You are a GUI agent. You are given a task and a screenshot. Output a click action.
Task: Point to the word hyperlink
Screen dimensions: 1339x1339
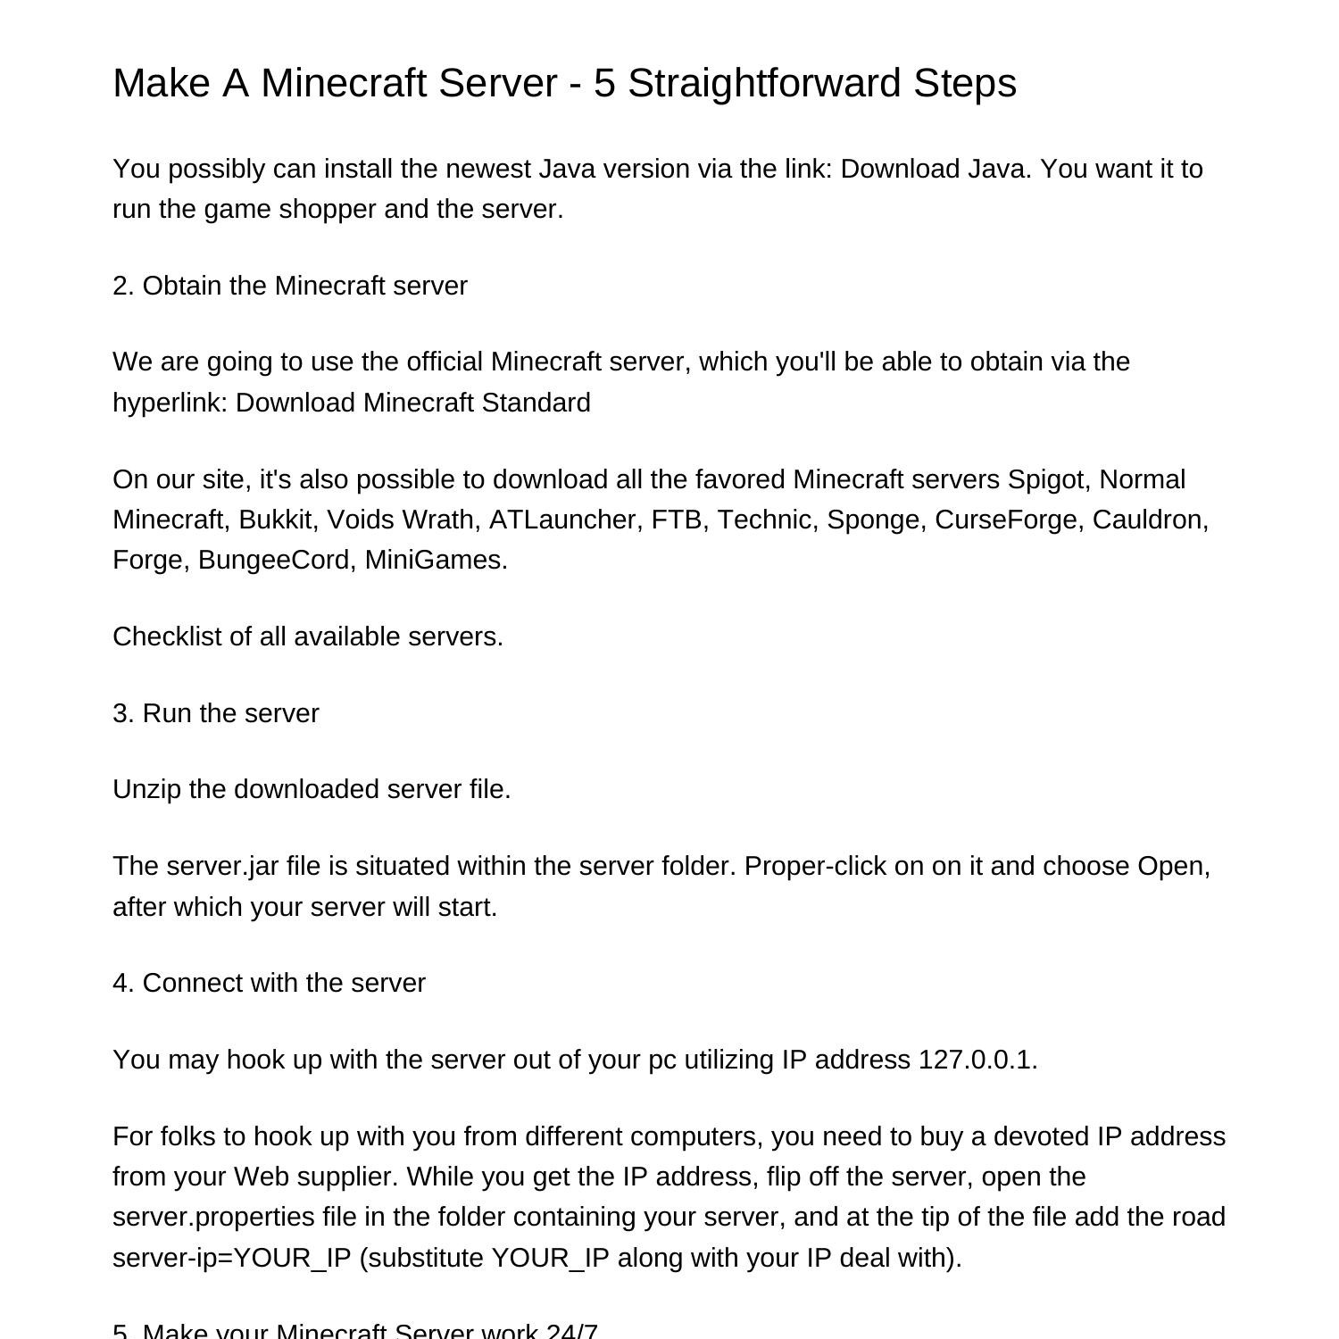point(170,403)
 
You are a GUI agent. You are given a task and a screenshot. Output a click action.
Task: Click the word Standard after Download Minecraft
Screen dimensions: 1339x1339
point(536,403)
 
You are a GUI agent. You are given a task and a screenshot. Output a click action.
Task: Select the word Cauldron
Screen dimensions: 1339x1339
point(1150,520)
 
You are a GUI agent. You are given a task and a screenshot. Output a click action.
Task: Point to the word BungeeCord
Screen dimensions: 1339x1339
point(277,560)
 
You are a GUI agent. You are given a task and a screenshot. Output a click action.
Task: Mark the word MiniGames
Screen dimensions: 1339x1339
point(436,560)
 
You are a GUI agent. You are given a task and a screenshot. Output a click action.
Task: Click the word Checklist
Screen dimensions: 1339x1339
point(167,636)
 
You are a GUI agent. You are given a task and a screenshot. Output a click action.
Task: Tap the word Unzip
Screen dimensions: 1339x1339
point(146,789)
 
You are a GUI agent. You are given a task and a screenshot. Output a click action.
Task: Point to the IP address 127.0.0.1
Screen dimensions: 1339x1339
point(977,1060)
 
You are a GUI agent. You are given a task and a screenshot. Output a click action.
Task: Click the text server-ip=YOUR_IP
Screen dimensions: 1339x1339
point(232,1258)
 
